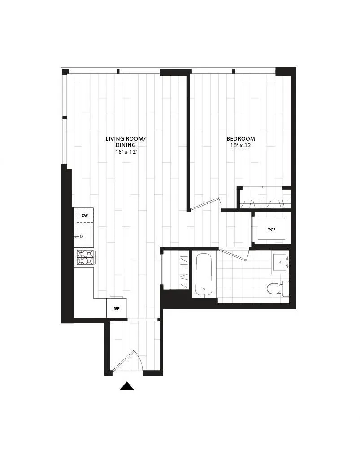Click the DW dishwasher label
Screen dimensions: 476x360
(84, 216)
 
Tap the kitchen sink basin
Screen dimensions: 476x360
(84, 236)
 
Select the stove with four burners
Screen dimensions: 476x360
(85, 258)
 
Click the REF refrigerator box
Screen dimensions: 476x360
(116, 308)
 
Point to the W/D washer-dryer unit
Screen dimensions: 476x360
(272, 229)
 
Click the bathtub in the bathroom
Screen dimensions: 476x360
(204, 274)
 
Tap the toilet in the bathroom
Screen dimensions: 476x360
(275, 287)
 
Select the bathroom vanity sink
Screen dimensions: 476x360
(281, 263)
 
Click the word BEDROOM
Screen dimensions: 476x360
(240, 138)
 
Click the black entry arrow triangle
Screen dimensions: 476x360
(127, 386)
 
